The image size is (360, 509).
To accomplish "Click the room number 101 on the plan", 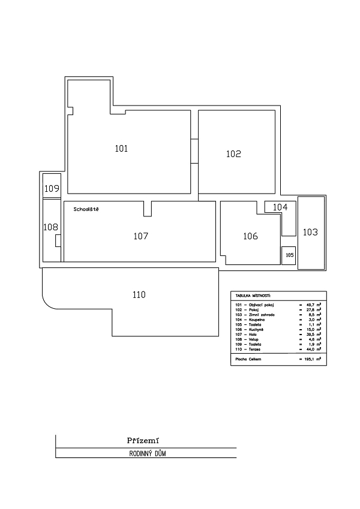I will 121,148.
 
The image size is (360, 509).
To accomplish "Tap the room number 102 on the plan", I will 233,153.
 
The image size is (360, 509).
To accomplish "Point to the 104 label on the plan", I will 280,207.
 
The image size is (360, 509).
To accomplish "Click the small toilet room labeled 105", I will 289,255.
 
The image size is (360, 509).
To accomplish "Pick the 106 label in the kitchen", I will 250,236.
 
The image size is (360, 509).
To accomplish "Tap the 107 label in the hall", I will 140,236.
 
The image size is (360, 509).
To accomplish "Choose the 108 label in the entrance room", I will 50,227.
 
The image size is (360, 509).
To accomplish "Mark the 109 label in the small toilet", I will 52,189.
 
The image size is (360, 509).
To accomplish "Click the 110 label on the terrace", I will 139,294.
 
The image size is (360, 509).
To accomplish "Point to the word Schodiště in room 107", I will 86,210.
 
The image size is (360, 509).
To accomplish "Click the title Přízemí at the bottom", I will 143,440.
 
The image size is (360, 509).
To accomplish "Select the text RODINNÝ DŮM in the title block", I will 147,454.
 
